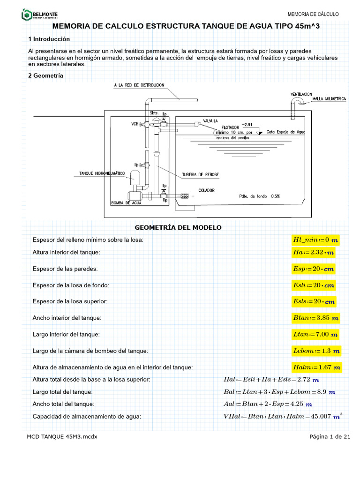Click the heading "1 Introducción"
tap(49, 39)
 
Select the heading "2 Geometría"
tap(46, 75)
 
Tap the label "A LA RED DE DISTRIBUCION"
tap(139, 85)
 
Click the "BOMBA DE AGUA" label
tap(126, 203)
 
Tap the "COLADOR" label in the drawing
tap(206, 190)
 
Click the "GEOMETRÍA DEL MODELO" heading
tap(178, 228)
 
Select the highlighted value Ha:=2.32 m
tap(314, 253)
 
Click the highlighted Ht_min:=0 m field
tap(315, 240)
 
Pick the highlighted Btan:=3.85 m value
tap(315, 318)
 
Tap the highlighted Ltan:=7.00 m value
tap(315, 334)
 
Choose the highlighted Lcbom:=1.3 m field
tap(317, 351)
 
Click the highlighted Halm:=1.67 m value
tap(317, 367)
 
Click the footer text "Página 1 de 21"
tap(330, 437)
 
